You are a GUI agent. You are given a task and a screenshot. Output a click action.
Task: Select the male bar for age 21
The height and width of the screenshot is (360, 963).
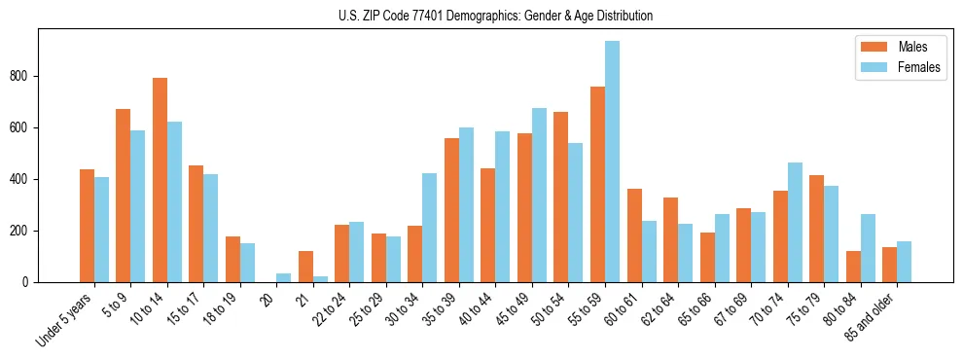click(x=305, y=267)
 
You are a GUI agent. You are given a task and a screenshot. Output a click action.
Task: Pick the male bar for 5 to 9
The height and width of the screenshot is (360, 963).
click(x=124, y=196)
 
